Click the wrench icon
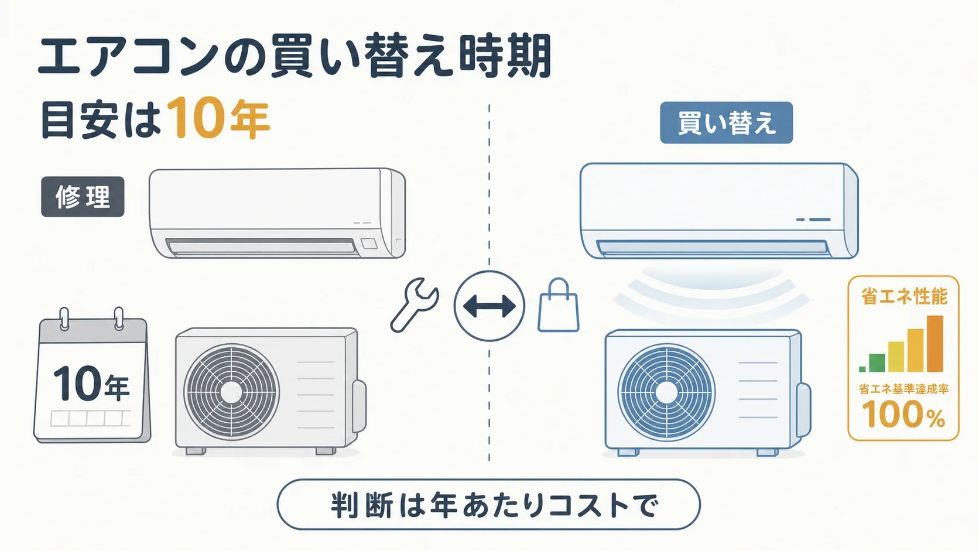click(x=413, y=306)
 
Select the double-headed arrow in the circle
click(x=489, y=306)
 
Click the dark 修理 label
click(x=83, y=197)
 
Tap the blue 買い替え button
click(x=727, y=123)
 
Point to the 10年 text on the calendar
click(x=91, y=383)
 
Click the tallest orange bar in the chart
click(x=935, y=344)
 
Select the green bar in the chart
click(x=877, y=362)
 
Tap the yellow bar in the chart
click(x=896, y=357)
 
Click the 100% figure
click(x=903, y=414)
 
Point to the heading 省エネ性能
click(x=904, y=296)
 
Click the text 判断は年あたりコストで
click(x=489, y=505)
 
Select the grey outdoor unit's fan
click(x=231, y=392)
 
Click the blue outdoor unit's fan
click(x=666, y=392)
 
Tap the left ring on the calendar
click(x=64, y=319)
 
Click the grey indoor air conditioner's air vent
click(x=261, y=247)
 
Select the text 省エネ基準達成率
click(x=903, y=388)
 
